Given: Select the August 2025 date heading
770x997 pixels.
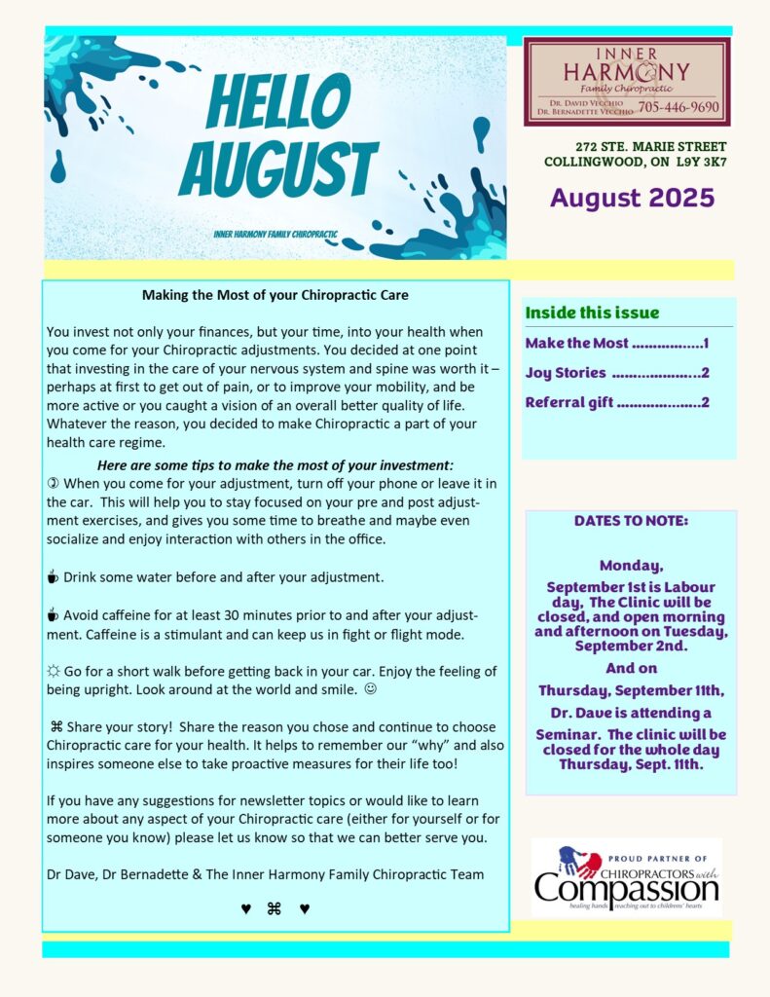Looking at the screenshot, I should tap(632, 198).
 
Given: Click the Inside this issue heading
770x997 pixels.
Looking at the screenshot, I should tap(592, 313).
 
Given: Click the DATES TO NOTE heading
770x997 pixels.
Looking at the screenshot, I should tap(631, 521).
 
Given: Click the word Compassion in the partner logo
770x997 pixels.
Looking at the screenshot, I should tap(626, 888).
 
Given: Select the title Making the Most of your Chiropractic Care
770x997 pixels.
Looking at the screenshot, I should tap(275, 294).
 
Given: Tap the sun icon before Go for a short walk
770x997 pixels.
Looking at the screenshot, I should tap(54, 672).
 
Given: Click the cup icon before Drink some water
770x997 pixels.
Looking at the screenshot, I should tap(54, 577).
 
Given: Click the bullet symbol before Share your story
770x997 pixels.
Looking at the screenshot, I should tap(56, 727).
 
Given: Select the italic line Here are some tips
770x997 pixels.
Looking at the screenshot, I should tap(275, 465).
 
